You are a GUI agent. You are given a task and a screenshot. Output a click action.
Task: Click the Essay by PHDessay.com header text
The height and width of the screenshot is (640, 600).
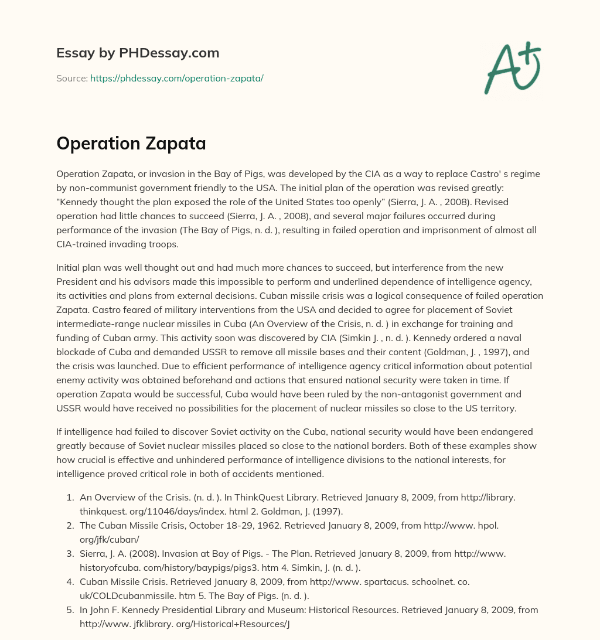pos(138,53)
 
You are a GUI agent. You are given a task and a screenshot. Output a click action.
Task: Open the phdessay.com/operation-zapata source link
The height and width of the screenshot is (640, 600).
pos(176,78)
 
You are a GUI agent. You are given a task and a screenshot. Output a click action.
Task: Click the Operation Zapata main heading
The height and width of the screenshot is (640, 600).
pos(131,144)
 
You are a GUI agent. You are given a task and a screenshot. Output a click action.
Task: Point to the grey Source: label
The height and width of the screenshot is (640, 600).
pos(71,78)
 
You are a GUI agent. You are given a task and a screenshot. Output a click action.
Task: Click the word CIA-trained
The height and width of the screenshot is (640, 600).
pos(82,244)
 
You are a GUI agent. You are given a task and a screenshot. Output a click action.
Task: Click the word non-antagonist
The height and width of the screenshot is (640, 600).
pos(363,394)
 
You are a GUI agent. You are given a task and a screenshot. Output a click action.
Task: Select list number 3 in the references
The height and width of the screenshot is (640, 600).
pos(69,553)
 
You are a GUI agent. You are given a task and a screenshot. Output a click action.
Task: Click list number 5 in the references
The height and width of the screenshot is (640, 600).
pos(69,610)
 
